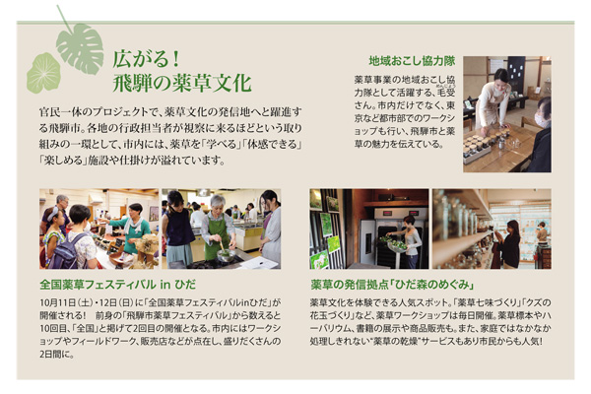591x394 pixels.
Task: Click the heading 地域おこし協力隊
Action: [x=412, y=61]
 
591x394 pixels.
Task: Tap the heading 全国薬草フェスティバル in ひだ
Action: [x=117, y=285]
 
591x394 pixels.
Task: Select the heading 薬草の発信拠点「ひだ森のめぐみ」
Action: [x=392, y=285]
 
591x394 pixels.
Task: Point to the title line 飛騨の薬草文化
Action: [x=182, y=84]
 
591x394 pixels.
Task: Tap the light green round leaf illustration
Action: [x=43, y=73]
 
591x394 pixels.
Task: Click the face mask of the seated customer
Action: [x=542, y=121]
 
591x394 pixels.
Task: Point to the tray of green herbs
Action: [x=395, y=242]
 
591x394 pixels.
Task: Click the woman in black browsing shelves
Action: [x=509, y=244]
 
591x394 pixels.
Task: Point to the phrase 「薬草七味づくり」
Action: [x=484, y=302]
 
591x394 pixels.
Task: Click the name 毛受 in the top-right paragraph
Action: [x=446, y=93]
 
